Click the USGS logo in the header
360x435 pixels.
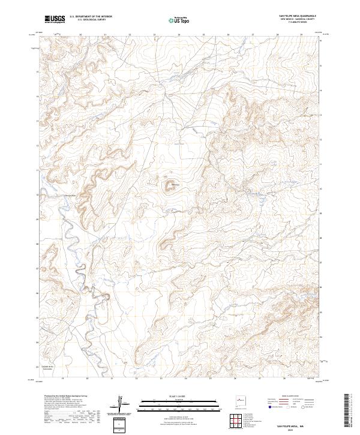click(55, 19)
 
